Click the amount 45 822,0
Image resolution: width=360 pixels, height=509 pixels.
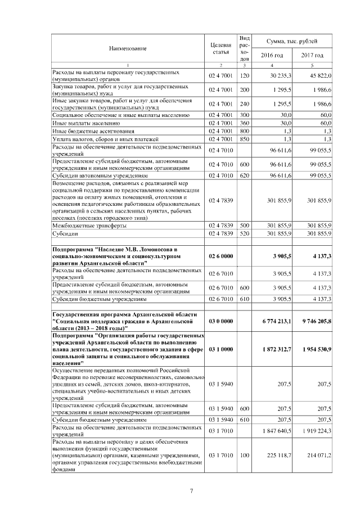319,75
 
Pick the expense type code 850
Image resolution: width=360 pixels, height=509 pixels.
244,139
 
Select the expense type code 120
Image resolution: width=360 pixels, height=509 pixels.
244,75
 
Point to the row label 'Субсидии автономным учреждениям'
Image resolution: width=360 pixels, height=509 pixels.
96,175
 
